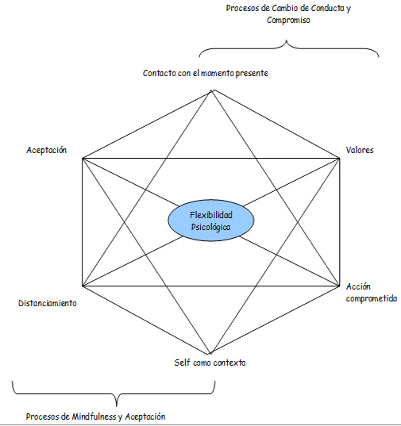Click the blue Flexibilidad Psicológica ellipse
211,221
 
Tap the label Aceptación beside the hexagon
47,150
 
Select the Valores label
360,150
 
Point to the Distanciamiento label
48,303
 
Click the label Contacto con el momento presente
206,73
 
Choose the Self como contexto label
210,363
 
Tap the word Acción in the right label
358,286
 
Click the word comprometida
372,298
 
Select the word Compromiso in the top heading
288,20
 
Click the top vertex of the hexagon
211,90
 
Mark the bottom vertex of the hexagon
210,354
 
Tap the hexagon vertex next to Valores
340,159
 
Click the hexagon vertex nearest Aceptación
83,159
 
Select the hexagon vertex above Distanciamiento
83,286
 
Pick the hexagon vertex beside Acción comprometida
340,286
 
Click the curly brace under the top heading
286,41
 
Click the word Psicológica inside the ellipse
210,228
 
